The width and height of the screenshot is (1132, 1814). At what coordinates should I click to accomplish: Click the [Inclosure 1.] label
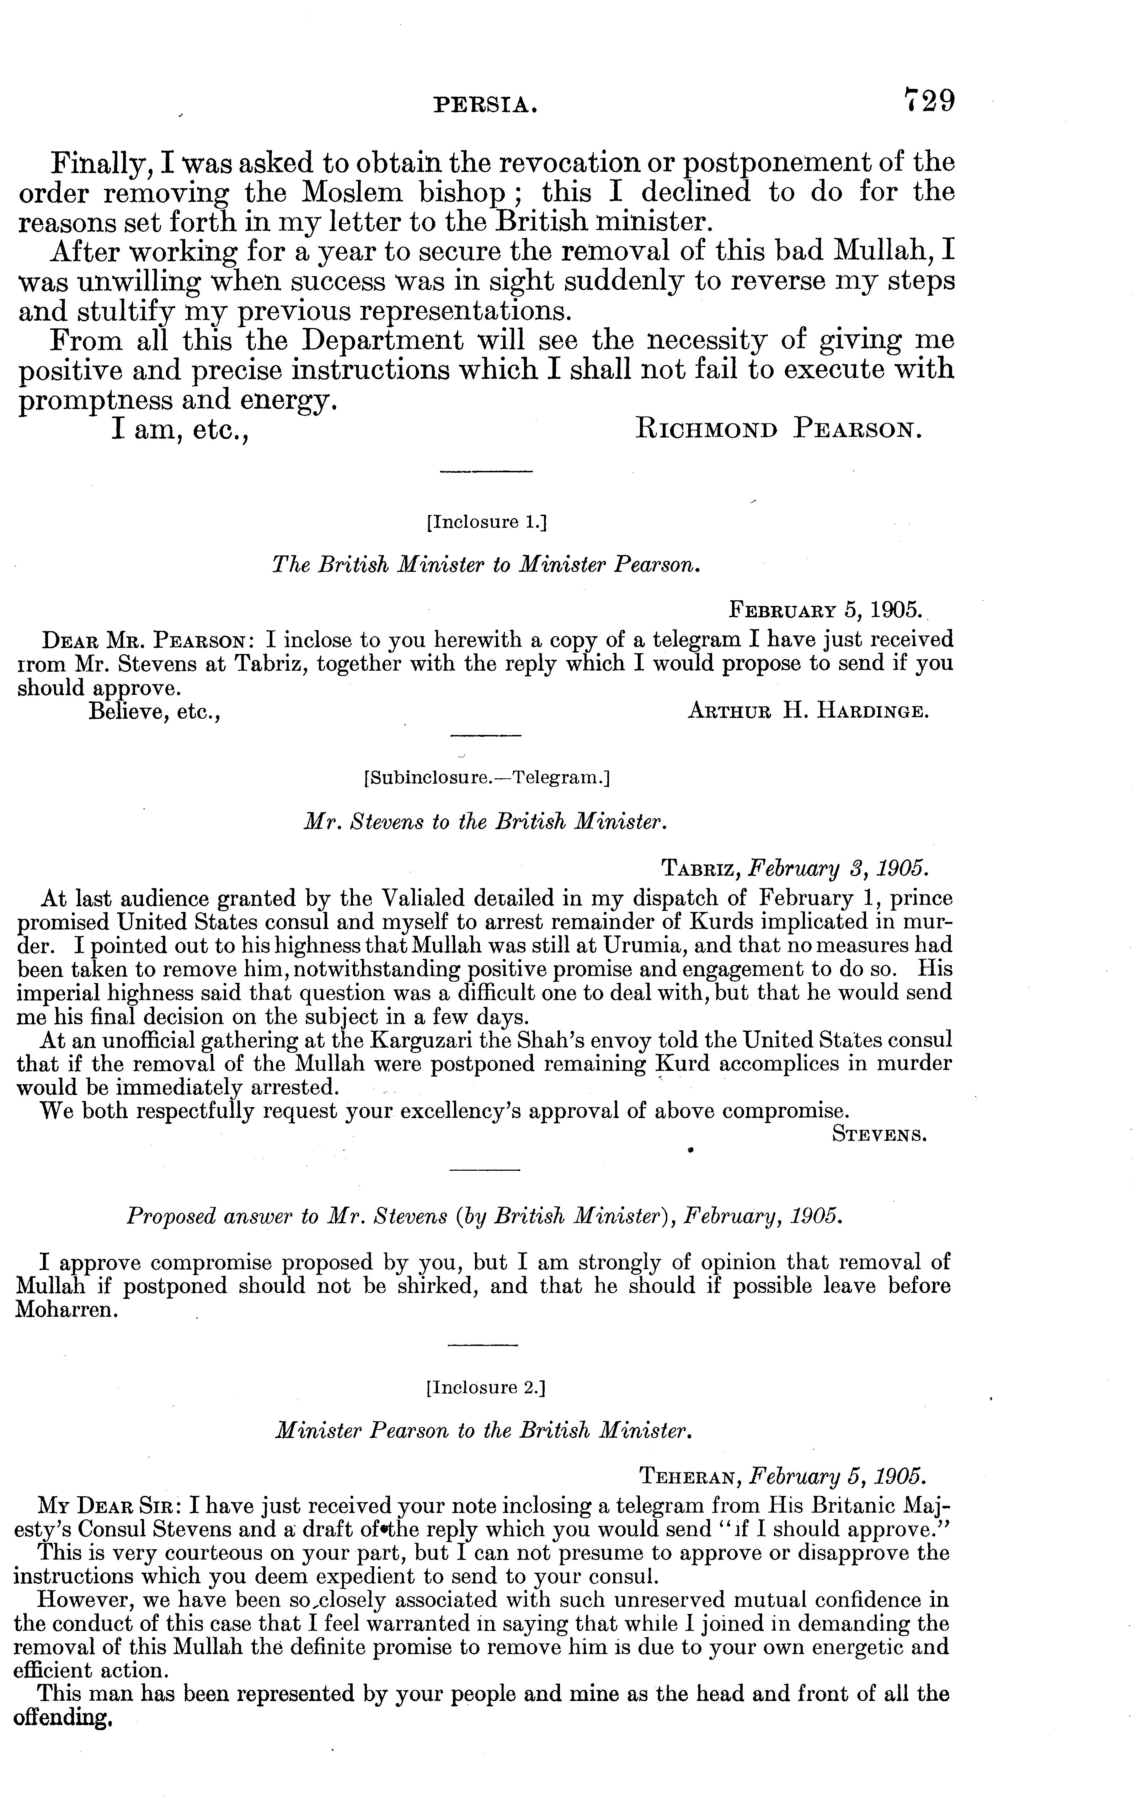[x=487, y=522]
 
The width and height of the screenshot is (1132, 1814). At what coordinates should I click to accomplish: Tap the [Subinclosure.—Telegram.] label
[x=487, y=778]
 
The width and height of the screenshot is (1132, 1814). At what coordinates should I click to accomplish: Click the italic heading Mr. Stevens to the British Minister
[x=484, y=822]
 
